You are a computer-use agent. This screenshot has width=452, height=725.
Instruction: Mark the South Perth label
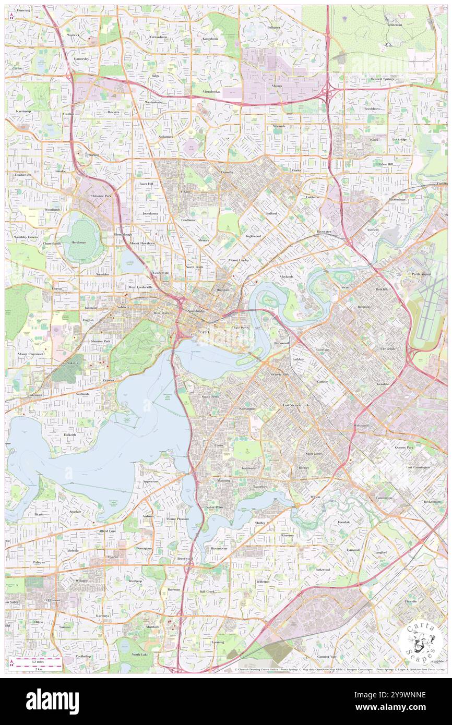click(x=211, y=397)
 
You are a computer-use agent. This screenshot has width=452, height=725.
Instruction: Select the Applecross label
click(x=150, y=481)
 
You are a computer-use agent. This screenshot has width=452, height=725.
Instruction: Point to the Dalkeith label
click(x=70, y=434)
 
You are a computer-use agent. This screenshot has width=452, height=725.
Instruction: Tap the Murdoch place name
click(x=152, y=626)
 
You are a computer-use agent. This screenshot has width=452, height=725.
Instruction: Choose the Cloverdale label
click(x=389, y=349)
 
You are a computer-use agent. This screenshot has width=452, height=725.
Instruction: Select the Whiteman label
click(x=395, y=25)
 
